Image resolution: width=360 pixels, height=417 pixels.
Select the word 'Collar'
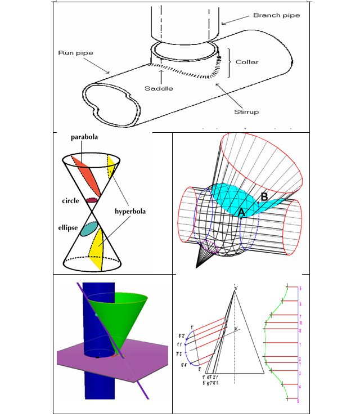[247, 62]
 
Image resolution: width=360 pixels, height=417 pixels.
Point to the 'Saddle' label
[159, 88]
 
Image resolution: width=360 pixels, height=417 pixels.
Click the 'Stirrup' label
[246, 112]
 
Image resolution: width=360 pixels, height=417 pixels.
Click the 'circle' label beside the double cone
[71, 200]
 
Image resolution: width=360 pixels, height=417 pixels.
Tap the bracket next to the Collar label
[229, 62]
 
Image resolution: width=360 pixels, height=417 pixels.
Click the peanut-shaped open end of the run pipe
[113, 104]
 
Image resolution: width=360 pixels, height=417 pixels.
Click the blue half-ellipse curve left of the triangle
[189, 347]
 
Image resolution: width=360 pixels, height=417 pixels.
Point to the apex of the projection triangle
[236, 289]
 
